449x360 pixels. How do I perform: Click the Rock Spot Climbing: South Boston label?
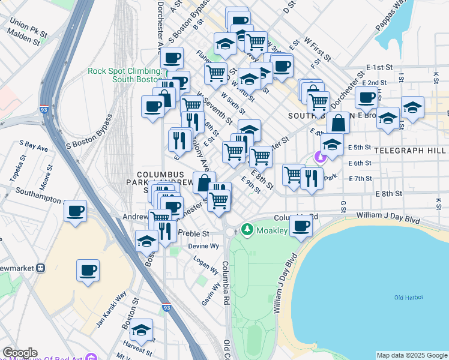tap(124, 75)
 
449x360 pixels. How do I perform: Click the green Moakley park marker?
tap(247, 230)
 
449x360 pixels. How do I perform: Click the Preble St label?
tap(196, 233)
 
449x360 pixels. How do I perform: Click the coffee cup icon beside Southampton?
tap(76, 211)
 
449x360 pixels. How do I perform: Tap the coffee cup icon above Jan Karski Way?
tap(88, 269)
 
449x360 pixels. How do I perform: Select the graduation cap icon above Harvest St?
tap(142, 330)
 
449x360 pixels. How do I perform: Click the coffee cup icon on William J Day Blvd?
tap(301, 226)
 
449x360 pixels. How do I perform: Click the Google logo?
tap(20, 353)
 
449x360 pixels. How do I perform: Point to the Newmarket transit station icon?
tap(41, 268)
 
